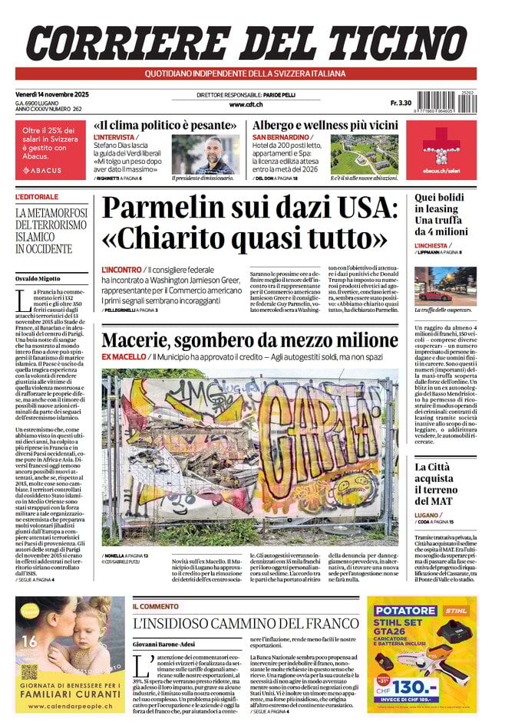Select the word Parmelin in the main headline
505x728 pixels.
181,210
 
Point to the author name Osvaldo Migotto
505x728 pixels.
39,277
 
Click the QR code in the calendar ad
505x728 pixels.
29,671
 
